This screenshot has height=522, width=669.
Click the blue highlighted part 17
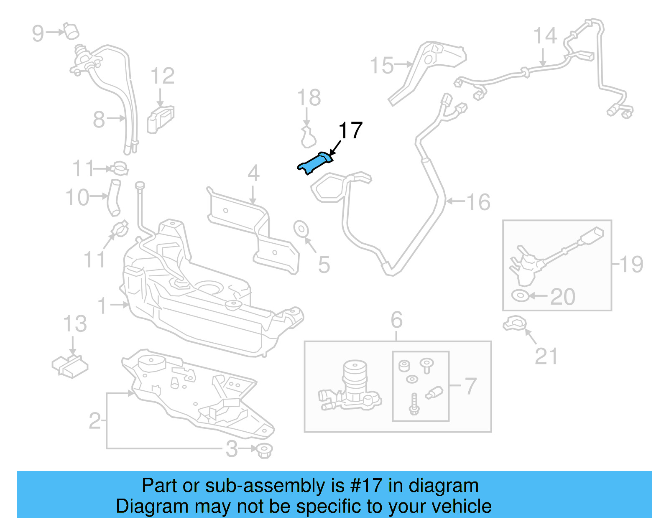click(315, 163)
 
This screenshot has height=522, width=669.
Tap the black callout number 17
click(350, 131)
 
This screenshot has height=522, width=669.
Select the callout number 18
click(309, 98)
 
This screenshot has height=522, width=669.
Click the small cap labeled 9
click(71, 31)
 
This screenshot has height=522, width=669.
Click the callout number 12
click(162, 76)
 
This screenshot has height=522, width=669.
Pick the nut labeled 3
click(264, 450)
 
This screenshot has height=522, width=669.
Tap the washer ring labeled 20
click(520, 295)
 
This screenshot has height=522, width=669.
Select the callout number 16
click(478, 202)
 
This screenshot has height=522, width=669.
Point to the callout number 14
click(545, 36)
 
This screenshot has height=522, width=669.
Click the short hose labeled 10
click(114, 198)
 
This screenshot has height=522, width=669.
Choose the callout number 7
click(470, 386)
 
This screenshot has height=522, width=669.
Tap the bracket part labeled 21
click(514, 323)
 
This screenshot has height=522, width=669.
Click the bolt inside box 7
click(414, 404)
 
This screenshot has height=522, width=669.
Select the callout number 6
click(396, 320)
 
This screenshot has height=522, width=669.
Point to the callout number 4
click(253, 173)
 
